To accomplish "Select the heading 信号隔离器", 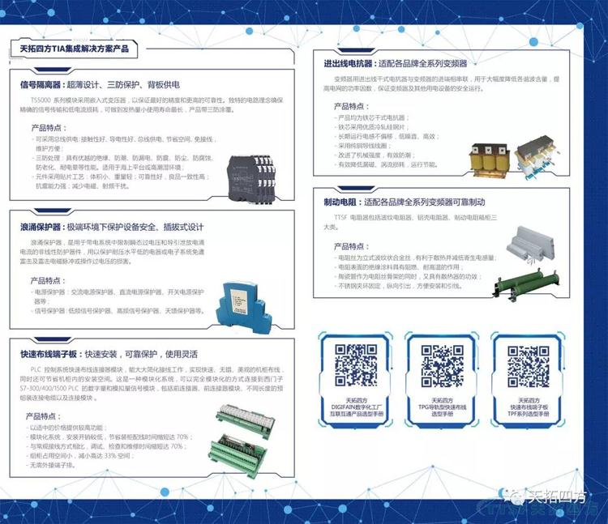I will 43,84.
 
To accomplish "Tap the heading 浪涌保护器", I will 43,226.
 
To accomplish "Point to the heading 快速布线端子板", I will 48,354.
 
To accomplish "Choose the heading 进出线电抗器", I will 347,62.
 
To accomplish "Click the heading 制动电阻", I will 340,202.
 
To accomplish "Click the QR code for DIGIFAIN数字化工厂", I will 357,364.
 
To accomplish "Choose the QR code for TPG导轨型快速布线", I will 441,364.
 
